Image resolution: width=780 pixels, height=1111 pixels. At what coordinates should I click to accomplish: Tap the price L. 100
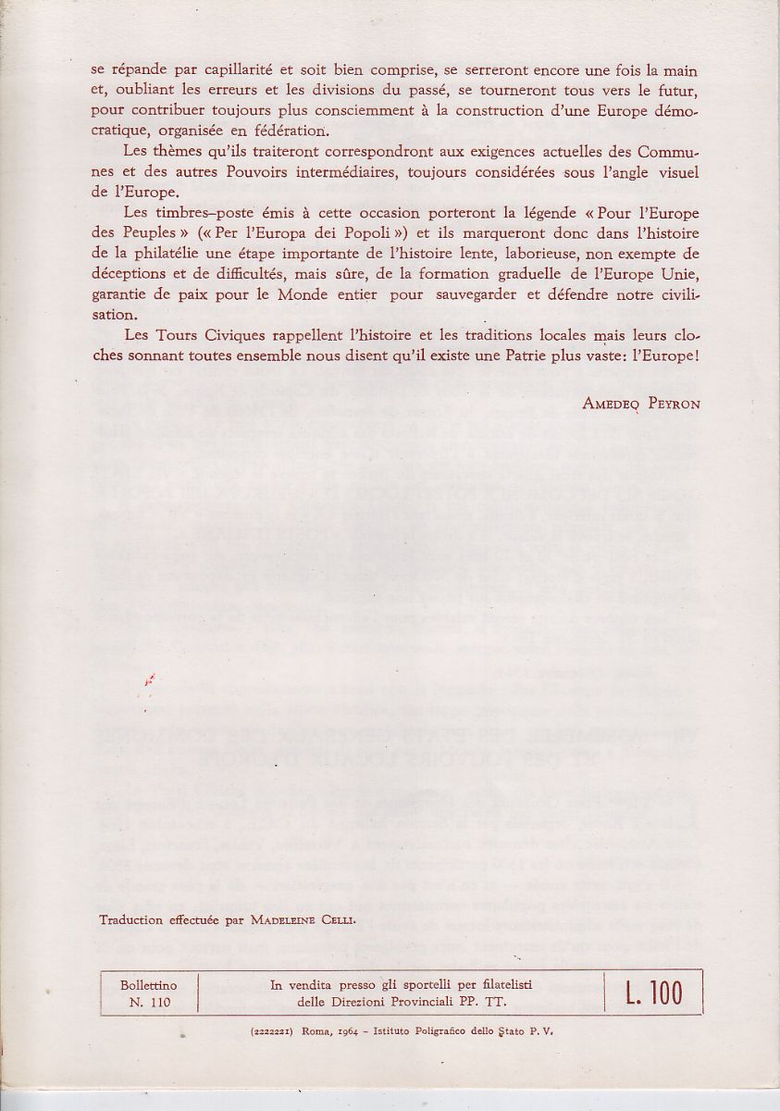point(647,992)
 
